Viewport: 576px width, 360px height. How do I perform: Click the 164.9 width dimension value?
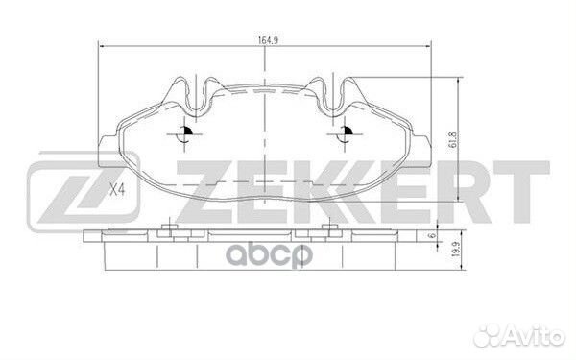(x=267, y=40)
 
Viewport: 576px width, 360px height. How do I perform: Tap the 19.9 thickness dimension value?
(x=457, y=249)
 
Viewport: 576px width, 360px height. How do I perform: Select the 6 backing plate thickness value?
(x=433, y=235)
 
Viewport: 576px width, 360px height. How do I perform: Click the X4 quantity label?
(x=118, y=190)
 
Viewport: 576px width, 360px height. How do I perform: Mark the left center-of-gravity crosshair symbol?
(x=184, y=134)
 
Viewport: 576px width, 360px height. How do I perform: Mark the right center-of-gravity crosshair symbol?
(x=345, y=134)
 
